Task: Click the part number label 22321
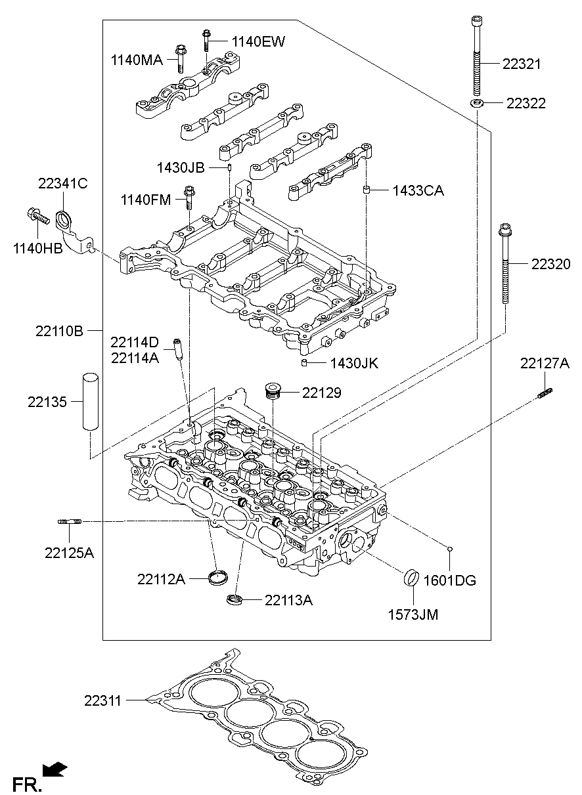(522, 64)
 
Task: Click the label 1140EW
(257, 42)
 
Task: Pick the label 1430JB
(181, 167)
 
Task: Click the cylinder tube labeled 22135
(89, 402)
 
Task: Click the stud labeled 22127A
(545, 393)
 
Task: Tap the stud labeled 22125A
(69, 522)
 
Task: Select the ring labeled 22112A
(217, 578)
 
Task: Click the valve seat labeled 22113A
(234, 599)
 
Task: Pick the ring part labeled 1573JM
(412, 580)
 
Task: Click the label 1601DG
(450, 580)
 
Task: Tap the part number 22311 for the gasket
(102, 700)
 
